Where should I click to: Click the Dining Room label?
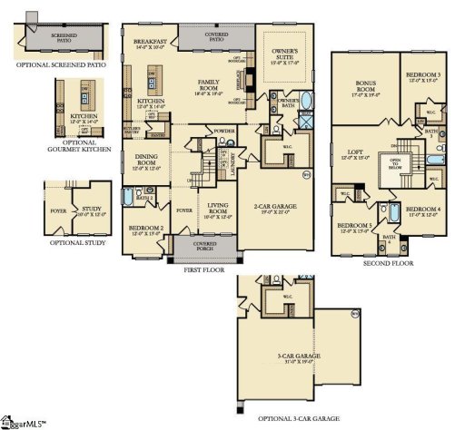[x=146, y=161]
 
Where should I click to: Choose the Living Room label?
[x=217, y=210]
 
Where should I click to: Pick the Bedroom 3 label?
[x=422, y=74]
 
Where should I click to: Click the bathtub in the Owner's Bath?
[x=306, y=100]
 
